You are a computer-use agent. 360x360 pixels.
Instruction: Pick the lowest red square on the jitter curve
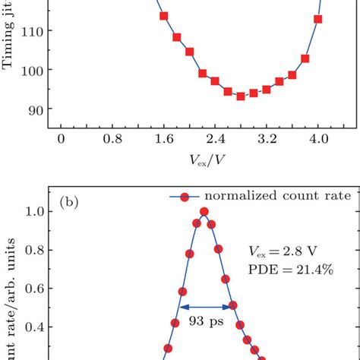241,96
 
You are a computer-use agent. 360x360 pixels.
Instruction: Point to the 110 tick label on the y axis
38,30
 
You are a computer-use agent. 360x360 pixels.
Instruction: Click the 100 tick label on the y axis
38,70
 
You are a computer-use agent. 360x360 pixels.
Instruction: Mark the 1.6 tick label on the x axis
163,140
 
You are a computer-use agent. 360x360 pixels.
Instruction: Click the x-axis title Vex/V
189,161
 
